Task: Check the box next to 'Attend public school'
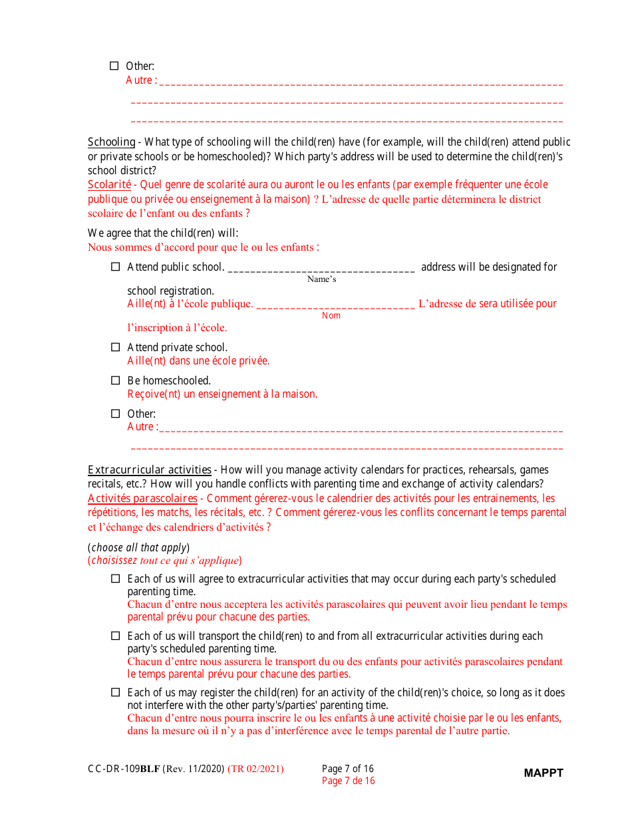pyautogui.click(x=115, y=267)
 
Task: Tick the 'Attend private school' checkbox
pyautogui.click(x=115, y=347)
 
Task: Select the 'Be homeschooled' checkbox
pyautogui.click(x=115, y=380)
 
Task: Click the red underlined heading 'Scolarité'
pyautogui.click(x=109, y=184)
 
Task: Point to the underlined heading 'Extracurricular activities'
pyautogui.click(x=150, y=470)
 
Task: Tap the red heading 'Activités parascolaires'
pyautogui.click(x=142, y=498)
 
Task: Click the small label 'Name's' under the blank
pyautogui.click(x=321, y=279)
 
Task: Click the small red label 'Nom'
pyautogui.click(x=331, y=315)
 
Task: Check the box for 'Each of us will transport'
pyautogui.click(x=115, y=636)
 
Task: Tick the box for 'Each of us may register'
pyautogui.click(x=115, y=692)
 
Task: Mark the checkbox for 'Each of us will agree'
pyautogui.click(x=115, y=579)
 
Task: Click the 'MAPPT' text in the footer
pyautogui.click(x=544, y=773)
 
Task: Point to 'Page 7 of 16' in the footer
pyautogui.click(x=348, y=769)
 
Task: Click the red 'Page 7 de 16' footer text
pyautogui.click(x=348, y=781)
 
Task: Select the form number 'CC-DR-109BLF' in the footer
pyautogui.click(x=124, y=769)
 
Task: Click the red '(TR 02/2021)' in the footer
pyautogui.click(x=255, y=769)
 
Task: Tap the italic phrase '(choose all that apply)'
pyautogui.click(x=139, y=547)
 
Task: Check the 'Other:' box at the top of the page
pyautogui.click(x=114, y=66)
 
